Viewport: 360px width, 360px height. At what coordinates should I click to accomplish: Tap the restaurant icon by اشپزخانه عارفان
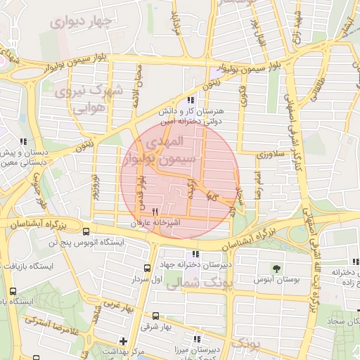click(155, 210)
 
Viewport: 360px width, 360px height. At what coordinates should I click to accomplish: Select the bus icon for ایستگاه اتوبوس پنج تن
click(86, 231)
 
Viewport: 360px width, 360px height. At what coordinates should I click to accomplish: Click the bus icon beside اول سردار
click(147, 268)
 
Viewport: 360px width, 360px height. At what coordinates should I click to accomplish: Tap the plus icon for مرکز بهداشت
click(124, 341)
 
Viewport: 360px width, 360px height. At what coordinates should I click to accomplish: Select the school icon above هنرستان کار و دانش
click(191, 101)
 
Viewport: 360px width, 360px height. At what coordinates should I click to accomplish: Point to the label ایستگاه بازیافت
click(28, 267)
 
